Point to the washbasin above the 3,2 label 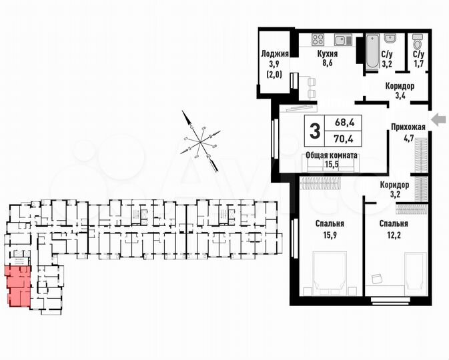coord(392,38)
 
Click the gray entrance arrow coord(438,119)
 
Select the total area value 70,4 coord(344,139)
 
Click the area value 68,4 coord(344,123)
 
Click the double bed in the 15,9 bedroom coord(329,272)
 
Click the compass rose coord(200,141)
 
